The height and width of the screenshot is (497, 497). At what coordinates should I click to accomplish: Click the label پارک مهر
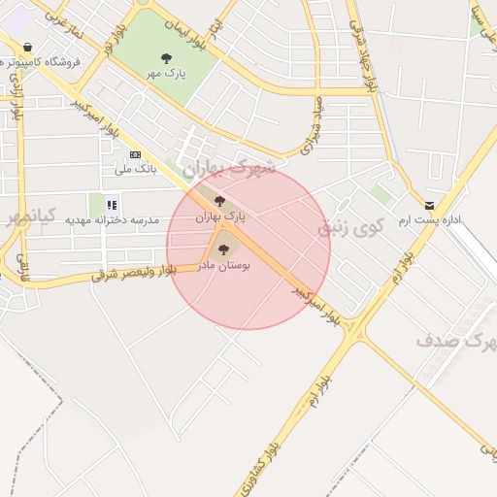(x=167, y=73)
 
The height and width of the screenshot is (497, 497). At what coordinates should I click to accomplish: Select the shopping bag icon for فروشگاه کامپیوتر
(x=26, y=47)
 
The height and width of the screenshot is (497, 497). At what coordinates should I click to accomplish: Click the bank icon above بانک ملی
(x=135, y=154)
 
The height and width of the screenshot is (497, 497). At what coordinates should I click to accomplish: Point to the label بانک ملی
(x=135, y=169)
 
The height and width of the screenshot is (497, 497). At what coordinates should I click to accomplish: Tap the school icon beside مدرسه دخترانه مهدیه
(x=113, y=204)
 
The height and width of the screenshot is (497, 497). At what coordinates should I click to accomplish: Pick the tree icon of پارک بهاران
(x=219, y=202)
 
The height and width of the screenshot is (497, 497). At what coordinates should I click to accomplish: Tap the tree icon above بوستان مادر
(x=224, y=249)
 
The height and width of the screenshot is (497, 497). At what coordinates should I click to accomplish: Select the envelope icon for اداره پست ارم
(x=430, y=206)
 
